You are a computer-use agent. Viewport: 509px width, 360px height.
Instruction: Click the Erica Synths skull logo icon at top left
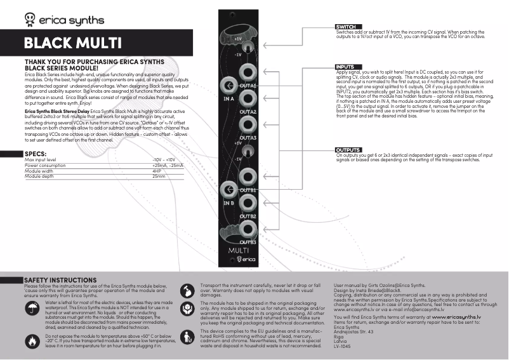(x=30, y=18)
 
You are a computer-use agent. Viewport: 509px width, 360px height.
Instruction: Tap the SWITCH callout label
(x=347, y=27)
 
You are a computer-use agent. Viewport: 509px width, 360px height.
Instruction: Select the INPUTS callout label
(x=346, y=67)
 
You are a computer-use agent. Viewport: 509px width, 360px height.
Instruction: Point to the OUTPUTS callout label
(x=348, y=150)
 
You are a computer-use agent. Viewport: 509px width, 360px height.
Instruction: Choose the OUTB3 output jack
(x=248, y=229)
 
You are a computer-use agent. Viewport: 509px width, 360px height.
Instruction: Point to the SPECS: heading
(x=34, y=154)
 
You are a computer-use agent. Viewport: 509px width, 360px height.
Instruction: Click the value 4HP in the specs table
(x=157, y=171)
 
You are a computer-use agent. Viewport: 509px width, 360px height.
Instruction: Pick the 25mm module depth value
(x=159, y=176)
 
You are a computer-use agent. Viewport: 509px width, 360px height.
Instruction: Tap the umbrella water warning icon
(x=32, y=309)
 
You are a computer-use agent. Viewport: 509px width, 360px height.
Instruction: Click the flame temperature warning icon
(x=32, y=341)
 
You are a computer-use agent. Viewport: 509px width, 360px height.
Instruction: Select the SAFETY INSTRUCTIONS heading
(x=60, y=280)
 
